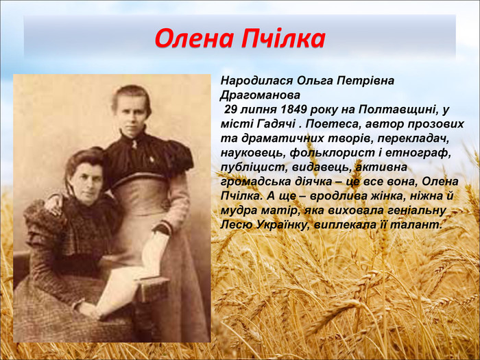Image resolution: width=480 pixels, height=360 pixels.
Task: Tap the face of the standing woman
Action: [132, 109]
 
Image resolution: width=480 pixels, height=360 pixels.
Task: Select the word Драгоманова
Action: [260, 95]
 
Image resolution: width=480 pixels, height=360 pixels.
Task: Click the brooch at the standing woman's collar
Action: [134, 145]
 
